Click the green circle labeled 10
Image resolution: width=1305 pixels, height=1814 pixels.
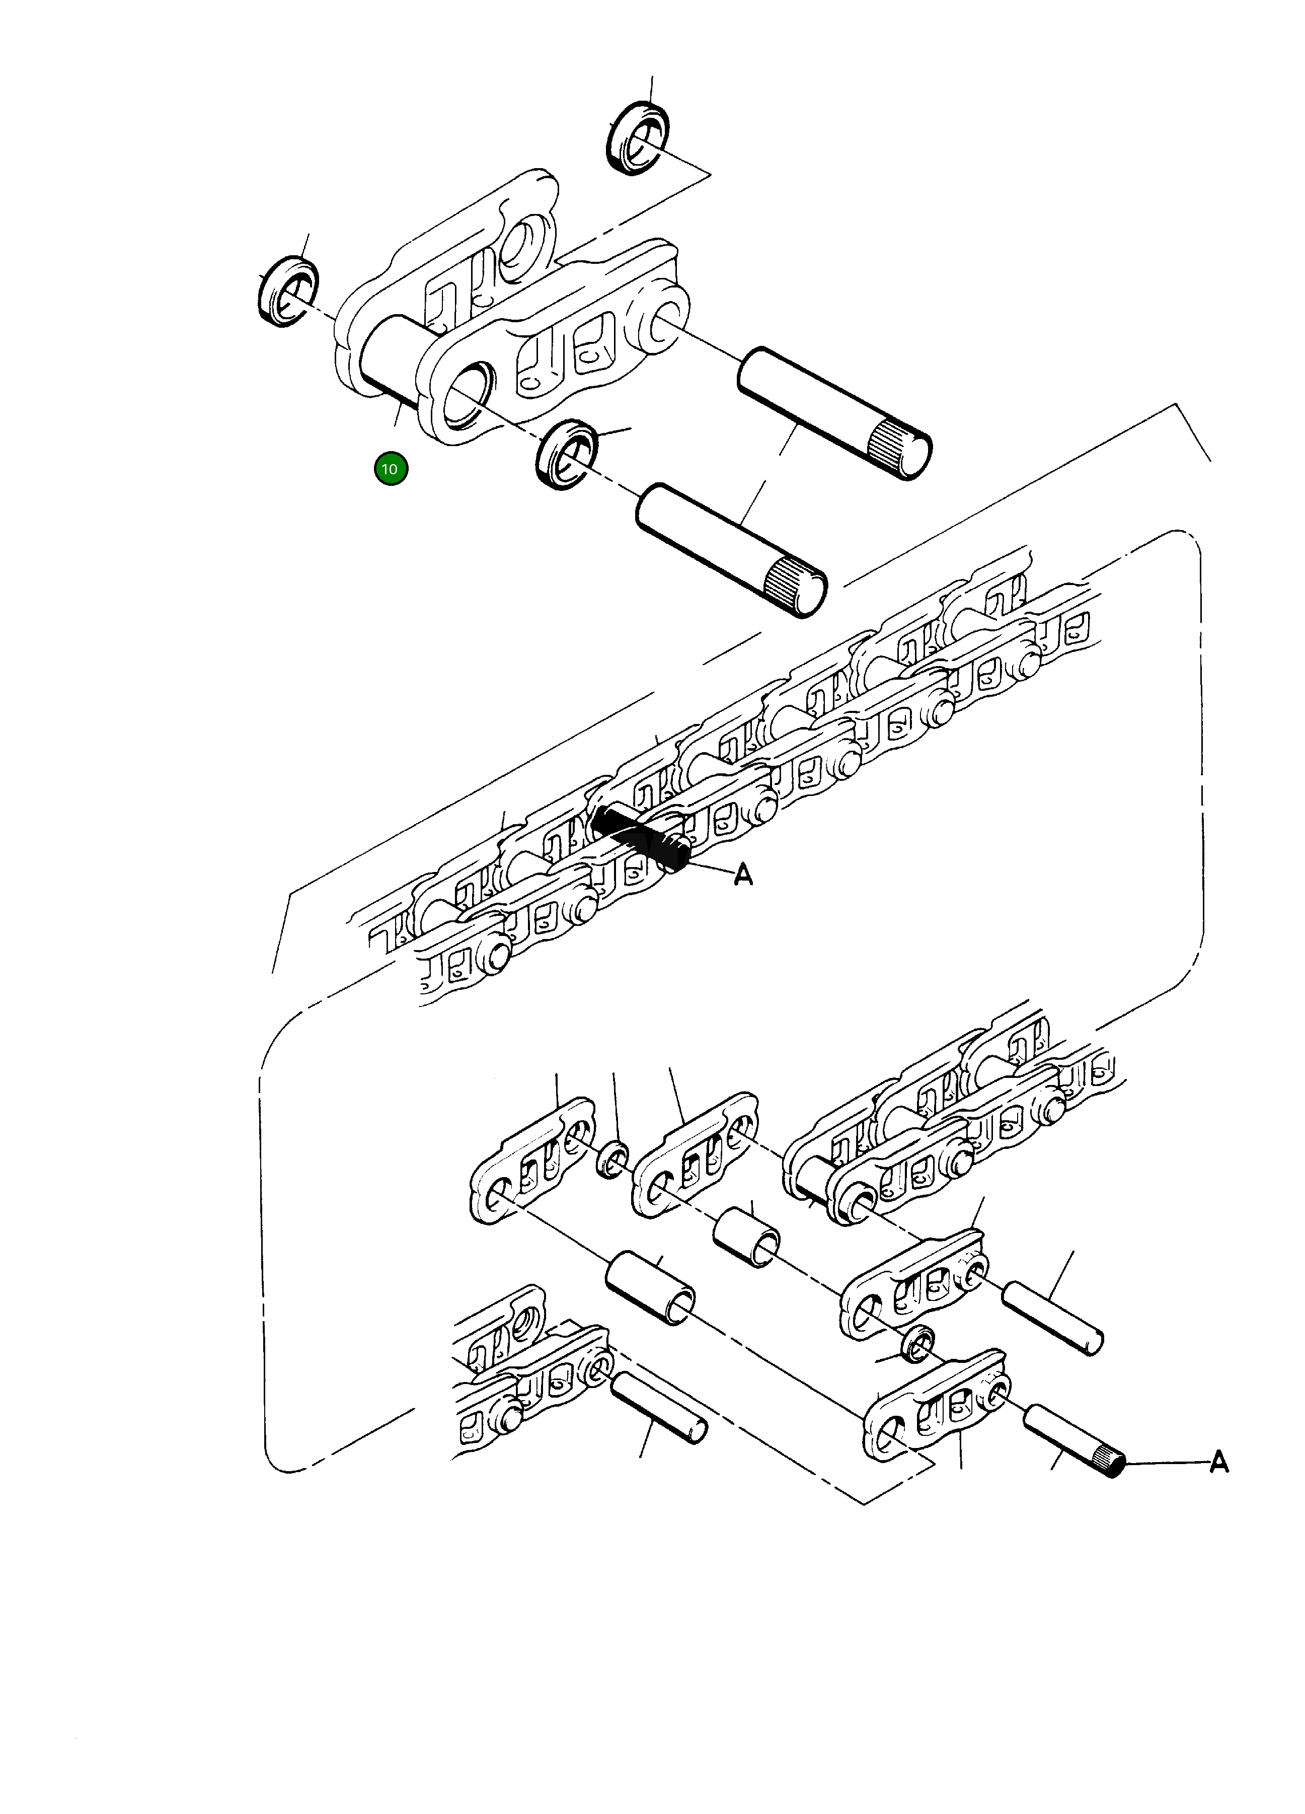(390, 469)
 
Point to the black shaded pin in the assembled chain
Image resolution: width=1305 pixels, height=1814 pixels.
(640, 838)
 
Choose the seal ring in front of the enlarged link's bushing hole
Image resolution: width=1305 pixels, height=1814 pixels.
(567, 454)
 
